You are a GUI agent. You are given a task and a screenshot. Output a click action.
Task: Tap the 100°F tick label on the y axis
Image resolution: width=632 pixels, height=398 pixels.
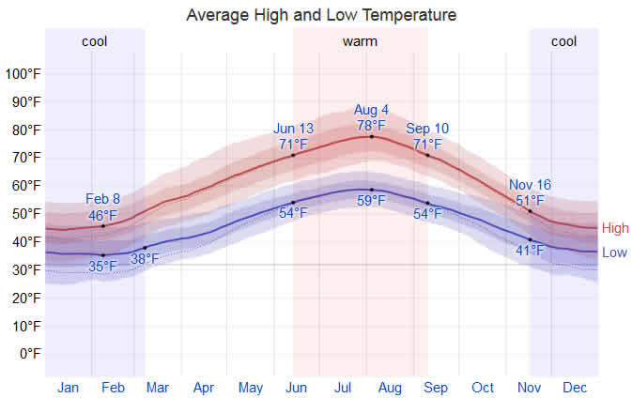(23, 74)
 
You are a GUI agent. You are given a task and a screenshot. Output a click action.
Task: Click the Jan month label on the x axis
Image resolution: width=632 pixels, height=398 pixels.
(68, 387)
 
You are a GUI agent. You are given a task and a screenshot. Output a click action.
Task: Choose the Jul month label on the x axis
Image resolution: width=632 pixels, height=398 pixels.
(345, 387)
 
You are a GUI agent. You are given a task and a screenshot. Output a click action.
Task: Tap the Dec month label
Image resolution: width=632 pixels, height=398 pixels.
(575, 387)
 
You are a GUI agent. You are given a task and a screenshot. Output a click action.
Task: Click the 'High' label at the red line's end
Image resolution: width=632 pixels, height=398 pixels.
(615, 228)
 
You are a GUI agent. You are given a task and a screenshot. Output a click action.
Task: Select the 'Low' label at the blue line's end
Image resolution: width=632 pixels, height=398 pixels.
(614, 253)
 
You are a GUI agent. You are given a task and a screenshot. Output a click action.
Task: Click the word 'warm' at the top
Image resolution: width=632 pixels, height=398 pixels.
(360, 41)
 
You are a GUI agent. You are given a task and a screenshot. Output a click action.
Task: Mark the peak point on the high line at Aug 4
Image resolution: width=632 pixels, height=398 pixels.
(371, 137)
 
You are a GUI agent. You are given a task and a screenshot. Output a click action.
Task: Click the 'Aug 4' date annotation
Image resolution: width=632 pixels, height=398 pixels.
(371, 110)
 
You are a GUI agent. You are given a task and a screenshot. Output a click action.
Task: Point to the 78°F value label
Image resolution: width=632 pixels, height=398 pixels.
(371, 125)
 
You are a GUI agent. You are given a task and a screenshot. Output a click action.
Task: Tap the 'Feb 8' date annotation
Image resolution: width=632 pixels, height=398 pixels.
(103, 199)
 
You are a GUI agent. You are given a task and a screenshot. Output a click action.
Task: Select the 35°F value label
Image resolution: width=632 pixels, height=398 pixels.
(103, 267)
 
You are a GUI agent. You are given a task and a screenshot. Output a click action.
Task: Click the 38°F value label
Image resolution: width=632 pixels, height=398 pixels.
(145, 259)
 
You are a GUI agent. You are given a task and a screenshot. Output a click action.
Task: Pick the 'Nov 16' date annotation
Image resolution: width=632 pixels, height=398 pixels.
(530, 186)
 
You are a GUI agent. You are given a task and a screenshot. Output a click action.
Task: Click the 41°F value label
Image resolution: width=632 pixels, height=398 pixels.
(530, 251)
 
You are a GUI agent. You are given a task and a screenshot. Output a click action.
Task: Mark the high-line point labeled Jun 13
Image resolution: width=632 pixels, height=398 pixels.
(293, 155)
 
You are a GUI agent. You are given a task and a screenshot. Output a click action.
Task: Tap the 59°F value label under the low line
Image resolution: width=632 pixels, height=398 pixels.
(371, 201)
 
